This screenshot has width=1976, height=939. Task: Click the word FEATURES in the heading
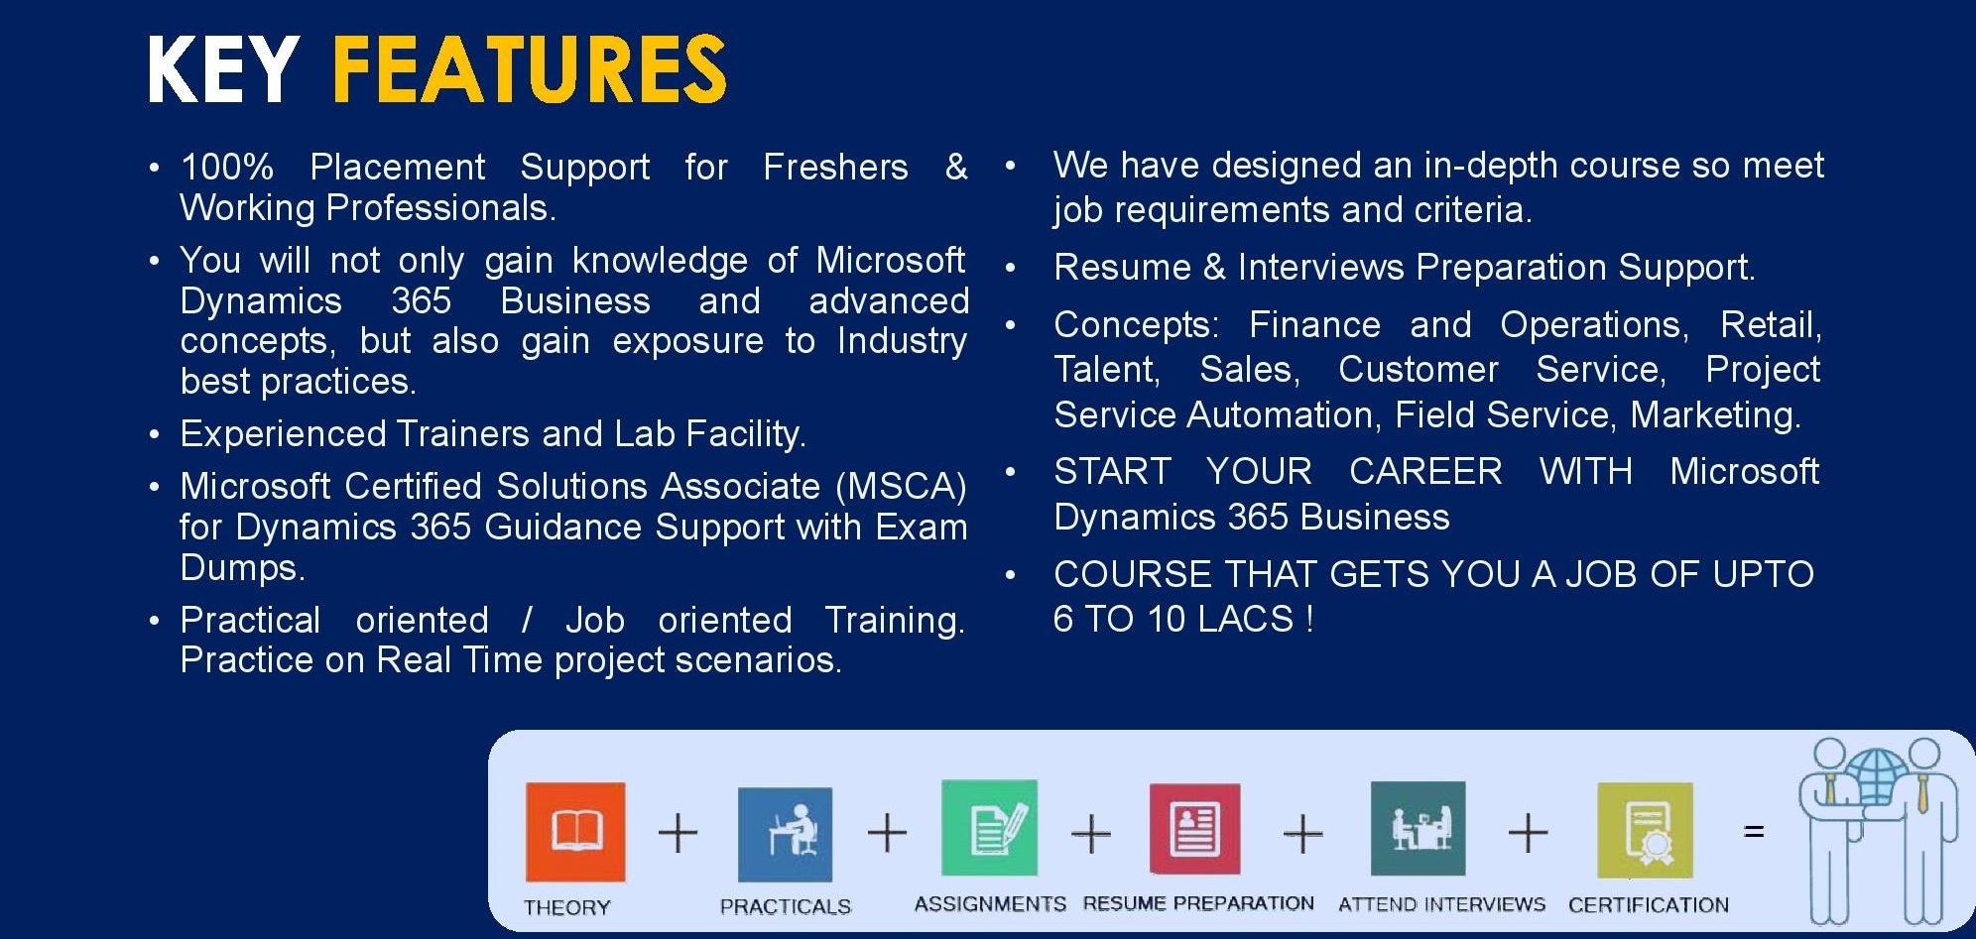click(x=529, y=68)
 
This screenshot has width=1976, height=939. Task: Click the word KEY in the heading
click(x=223, y=68)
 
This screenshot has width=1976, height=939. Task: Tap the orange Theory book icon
click(x=575, y=832)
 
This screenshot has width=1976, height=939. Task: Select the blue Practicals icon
click(x=786, y=835)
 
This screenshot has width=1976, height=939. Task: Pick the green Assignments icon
click(x=989, y=828)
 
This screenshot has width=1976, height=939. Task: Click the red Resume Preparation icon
click(x=1194, y=829)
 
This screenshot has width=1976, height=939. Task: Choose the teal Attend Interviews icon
click(x=1418, y=829)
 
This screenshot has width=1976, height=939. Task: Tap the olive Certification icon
click(x=1645, y=831)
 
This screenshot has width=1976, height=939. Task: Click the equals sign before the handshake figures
click(x=1754, y=831)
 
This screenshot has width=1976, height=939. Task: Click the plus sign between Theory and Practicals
click(x=679, y=832)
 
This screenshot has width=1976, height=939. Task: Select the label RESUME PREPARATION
click(x=1198, y=903)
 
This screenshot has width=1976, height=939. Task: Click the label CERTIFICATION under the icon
click(x=1649, y=904)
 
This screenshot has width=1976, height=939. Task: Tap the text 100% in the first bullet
click(x=227, y=167)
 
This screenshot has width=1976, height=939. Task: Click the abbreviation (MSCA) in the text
click(x=901, y=486)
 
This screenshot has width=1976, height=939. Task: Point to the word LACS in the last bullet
click(x=1245, y=619)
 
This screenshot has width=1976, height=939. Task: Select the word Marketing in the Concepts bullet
click(x=1715, y=414)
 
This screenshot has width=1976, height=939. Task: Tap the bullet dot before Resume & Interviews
click(x=1011, y=269)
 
